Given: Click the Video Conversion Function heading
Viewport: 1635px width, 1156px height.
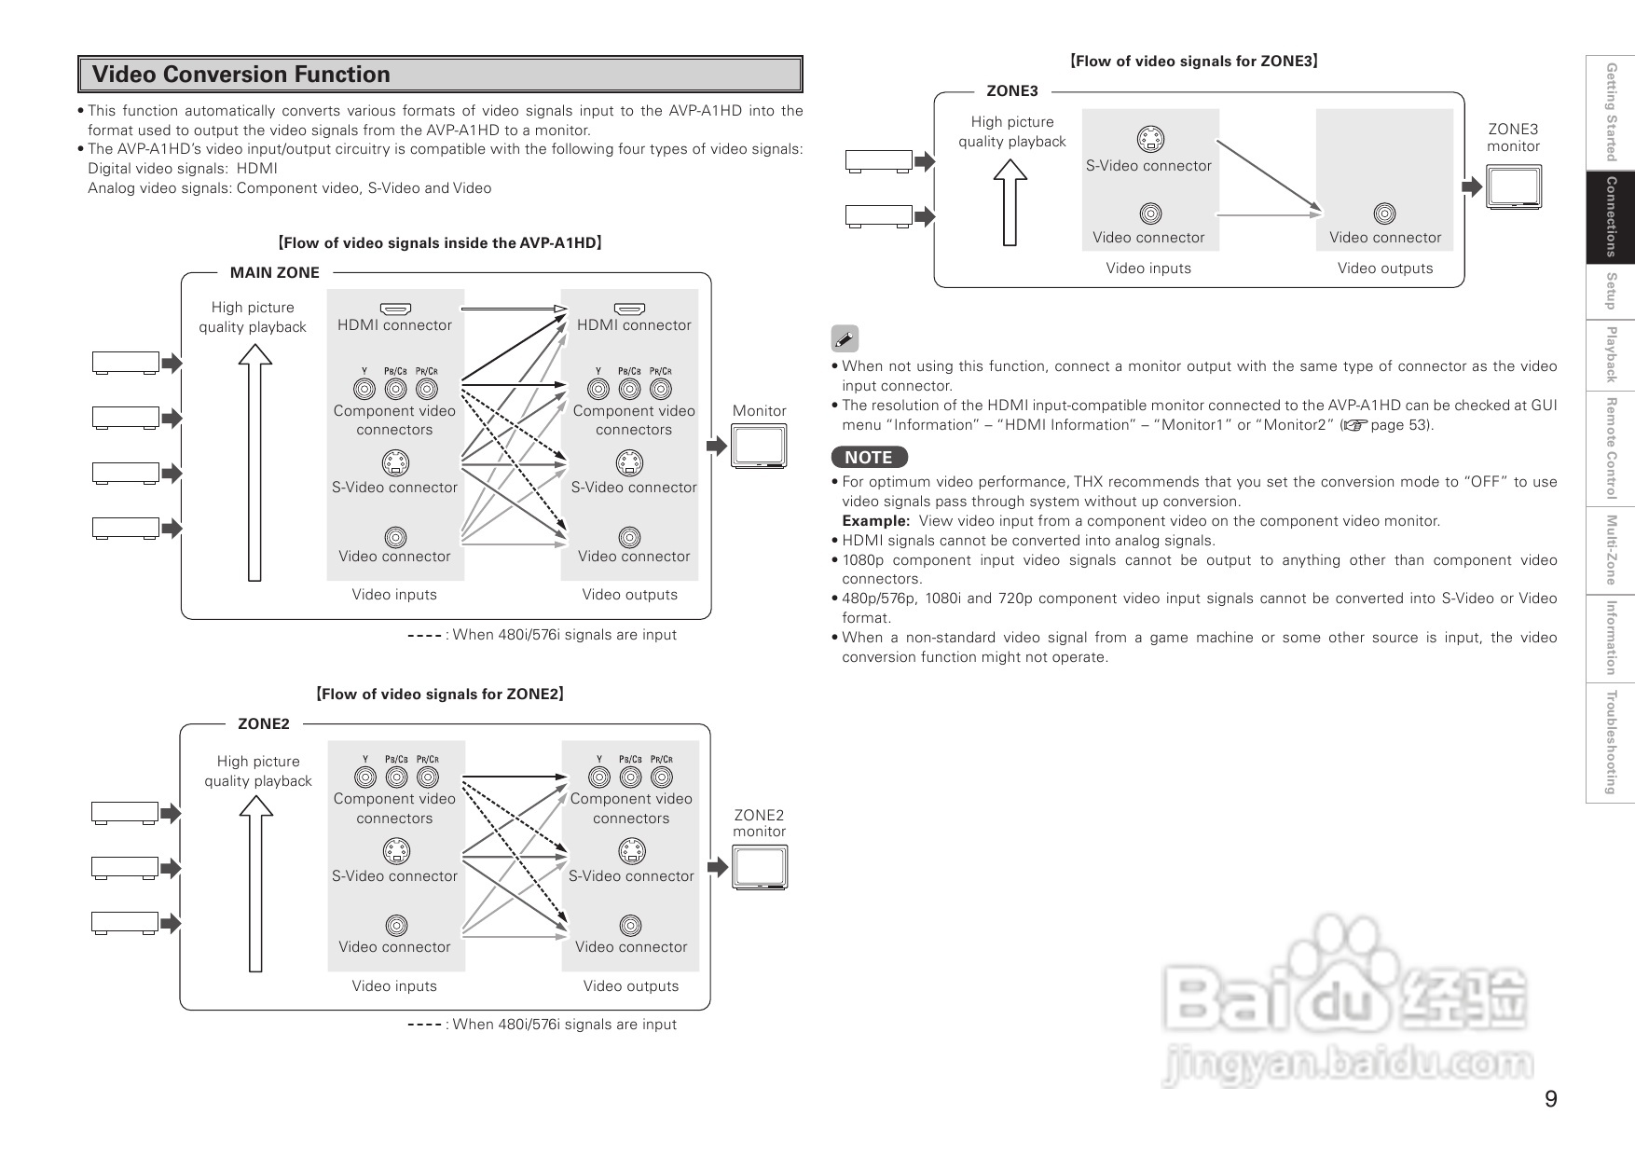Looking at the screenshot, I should click(241, 75).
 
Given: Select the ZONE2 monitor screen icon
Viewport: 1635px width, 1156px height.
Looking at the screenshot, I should click(760, 867).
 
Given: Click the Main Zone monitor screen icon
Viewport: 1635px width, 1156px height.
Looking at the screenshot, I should click(760, 446).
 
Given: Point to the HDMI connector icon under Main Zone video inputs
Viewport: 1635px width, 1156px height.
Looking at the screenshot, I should click(395, 309).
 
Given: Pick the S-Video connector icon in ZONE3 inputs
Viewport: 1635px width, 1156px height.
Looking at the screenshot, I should click(1150, 140).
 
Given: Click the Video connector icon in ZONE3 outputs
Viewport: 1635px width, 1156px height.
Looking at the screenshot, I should click(1385, 214).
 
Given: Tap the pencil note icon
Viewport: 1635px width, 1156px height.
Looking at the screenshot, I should click(845, 338).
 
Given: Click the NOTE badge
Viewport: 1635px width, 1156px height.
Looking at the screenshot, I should click(869, 457).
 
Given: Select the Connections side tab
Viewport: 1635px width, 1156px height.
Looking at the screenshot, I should click(1610, 216).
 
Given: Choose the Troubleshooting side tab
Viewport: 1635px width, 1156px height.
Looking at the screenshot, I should click(1610, 742).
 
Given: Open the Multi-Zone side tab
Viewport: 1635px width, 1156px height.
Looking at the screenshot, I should click(1610, 550).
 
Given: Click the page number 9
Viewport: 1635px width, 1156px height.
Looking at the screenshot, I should click(1550, 1099).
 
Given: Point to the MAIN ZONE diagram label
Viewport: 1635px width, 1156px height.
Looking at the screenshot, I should click(275, 272).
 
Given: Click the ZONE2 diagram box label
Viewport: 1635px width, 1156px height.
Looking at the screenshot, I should click(264, 723).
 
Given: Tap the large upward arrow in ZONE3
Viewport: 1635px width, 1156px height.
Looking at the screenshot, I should click(1010, 202).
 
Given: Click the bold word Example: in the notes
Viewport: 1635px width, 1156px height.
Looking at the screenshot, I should click(875, 521).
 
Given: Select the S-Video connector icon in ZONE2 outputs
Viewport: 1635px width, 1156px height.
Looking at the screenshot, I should click(631, 850).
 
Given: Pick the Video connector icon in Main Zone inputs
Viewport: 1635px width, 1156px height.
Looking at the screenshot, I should click(395, 537).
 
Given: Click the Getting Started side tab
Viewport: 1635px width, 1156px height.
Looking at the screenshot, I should click(1610, 111).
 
